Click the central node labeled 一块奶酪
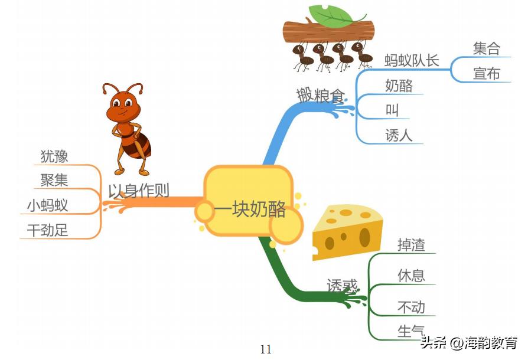tap(249, 210)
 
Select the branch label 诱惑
tap(343, 286)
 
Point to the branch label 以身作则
tap(138, 191)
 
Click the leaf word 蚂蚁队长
tap(412, 60)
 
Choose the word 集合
tap(486, 48)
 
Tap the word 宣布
tap(486, 74)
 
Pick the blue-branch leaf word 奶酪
tap(399, 86)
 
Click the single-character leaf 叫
tap(392, 110)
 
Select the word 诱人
tap(399, 136)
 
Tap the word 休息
tap(411, 276)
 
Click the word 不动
tap(411, 307)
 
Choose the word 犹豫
tap(54, 156)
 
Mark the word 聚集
tap(54, 180)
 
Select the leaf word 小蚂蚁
tap(47, 205)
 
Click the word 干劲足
tap(47, 230)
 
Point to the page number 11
tap(266, 349)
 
